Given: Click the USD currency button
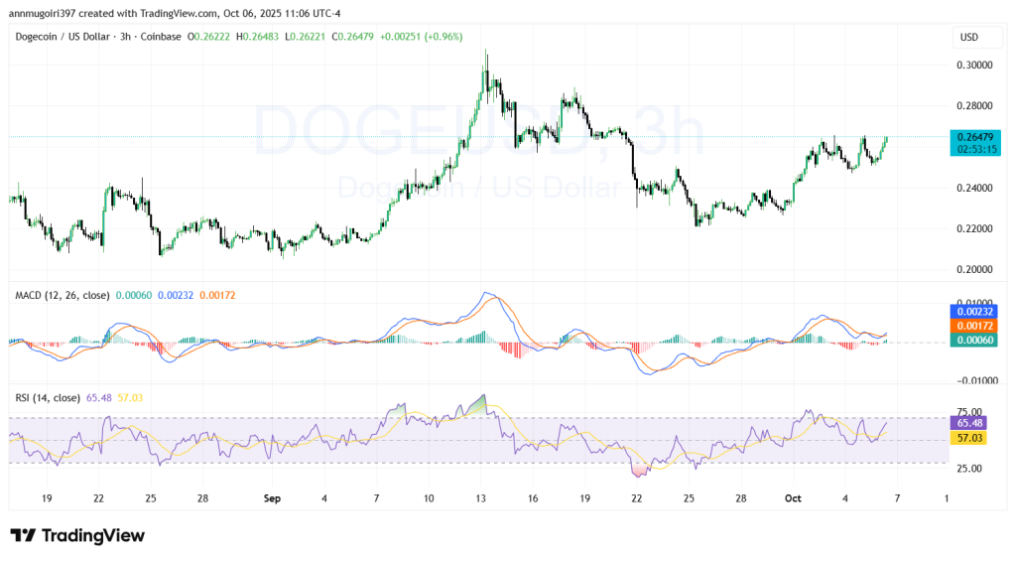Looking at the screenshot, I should (x=969, y=37).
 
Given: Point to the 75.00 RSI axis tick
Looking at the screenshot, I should (x=968, y=412).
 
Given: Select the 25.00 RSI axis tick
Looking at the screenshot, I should (x=968, y=468).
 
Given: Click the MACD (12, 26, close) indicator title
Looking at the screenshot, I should (x=62, y=295).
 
